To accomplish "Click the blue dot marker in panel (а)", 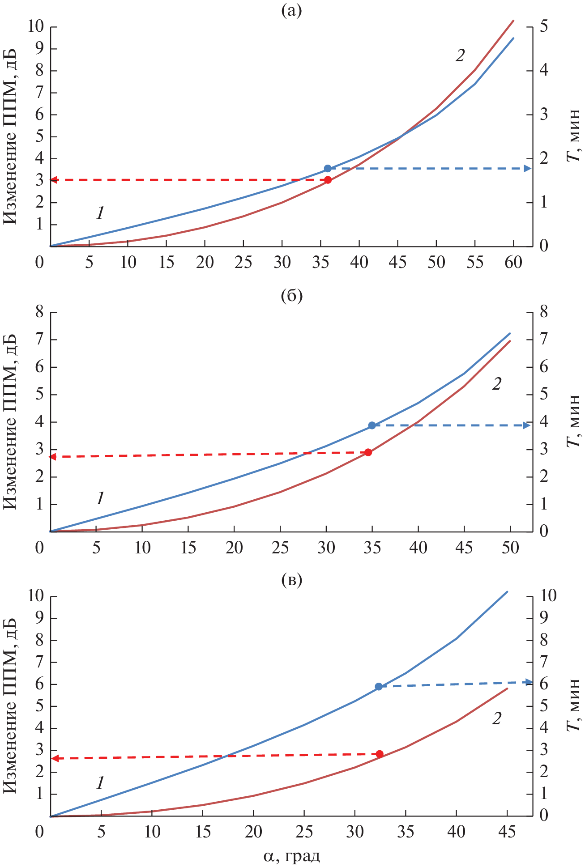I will tap(328, 169).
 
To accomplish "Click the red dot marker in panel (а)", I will tap(328, 180).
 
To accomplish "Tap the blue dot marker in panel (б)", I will tap(372, 425).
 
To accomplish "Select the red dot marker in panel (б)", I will tap(368, 452).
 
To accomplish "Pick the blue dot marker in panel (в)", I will tap(379, 687).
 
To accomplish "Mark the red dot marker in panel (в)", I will tap(380, 754).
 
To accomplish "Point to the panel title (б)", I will tap(291, 296).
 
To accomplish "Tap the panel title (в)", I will tap(291, 580).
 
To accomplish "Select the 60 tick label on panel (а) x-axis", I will tap(513, 263).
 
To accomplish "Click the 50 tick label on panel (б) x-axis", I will tap(510, 548).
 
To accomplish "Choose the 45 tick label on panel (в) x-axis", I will tap(507, 832).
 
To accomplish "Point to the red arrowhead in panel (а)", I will tap(53, 180).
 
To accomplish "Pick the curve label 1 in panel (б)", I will tap(100, 498).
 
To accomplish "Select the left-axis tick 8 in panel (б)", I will tap(40, 312).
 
